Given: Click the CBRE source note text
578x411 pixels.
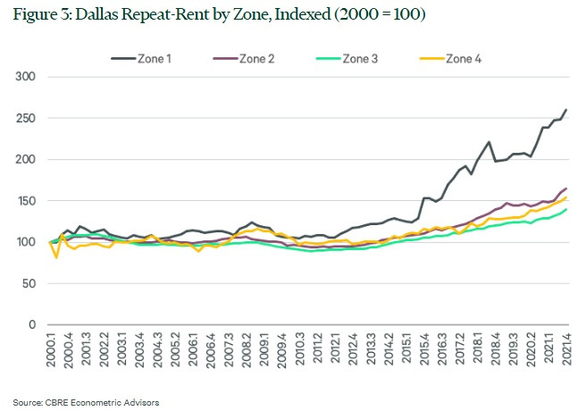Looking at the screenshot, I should (x=86, y=402).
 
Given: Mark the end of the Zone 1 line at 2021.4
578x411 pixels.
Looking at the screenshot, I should (x=566, y=110).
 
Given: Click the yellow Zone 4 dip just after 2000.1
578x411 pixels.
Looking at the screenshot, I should (x=56, y=256).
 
